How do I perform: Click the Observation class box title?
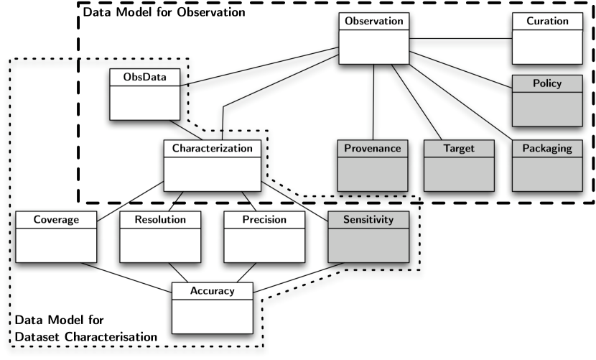coord(373,21)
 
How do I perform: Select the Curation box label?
coord(547,21)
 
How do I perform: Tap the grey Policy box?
coord(547,101)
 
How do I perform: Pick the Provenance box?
coord(373,165)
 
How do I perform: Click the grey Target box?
coord(459,165)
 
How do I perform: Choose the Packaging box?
coord(547,165)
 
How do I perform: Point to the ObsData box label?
coord(145,77)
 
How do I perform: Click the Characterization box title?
coord(213,149)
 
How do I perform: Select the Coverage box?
coord(56,236)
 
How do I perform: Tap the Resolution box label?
coord(160,220)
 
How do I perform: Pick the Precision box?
coord(264,236)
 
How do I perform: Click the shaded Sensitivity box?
coord(368,236)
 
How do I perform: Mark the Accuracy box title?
coord(213,291)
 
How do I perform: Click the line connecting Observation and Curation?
coord(461,38)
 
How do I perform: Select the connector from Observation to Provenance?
coord(373,102)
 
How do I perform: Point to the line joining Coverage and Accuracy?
coord(126,277)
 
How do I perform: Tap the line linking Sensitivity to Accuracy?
coord(299,277)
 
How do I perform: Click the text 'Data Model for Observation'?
coord(164,12)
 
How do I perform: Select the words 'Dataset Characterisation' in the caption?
coord(86,337)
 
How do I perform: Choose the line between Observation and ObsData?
coord(259,66)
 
